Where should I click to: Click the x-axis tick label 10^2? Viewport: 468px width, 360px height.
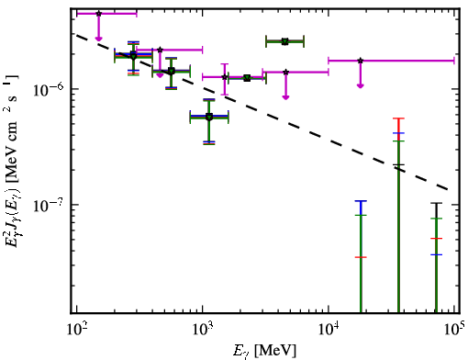point(76,329)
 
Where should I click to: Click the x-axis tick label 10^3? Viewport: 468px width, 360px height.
point(203,329)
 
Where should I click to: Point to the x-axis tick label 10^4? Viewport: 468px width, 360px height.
point(329,329)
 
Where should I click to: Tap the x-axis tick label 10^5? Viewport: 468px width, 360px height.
point(454,329)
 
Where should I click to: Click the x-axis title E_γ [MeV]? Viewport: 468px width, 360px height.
point(264,351)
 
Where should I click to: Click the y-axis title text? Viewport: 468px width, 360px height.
point(12,161)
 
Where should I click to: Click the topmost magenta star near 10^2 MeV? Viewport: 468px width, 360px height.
point(98,14)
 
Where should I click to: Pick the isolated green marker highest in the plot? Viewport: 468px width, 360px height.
point(284,41)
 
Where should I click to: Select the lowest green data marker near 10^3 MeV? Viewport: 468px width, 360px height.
point(209,117)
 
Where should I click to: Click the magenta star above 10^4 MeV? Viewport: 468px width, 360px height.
point(361,61)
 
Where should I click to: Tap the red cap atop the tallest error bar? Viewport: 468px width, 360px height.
point(398,118)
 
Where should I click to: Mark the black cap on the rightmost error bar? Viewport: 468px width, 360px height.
point(437,203)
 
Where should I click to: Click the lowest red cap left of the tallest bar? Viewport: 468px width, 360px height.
point(361,257)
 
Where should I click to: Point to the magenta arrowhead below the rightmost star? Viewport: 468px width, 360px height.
point(361,85)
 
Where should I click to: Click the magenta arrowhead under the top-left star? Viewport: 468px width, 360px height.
point(98,39)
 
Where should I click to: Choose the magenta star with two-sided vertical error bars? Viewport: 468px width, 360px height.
point(225,77)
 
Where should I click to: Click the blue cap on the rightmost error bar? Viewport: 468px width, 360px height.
point(437,254)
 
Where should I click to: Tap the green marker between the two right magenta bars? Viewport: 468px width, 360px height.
point(247,78)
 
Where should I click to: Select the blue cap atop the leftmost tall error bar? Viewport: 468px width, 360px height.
point(361,201)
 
